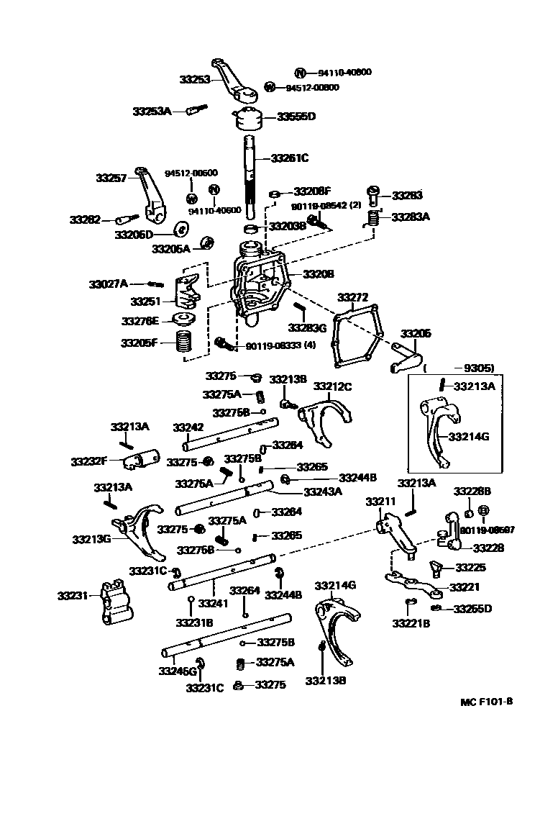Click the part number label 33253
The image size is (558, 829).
[195, 79]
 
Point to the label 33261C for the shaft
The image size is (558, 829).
[289, 158]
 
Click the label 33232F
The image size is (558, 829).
[88, 461]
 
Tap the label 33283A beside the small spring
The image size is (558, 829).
[410, 216]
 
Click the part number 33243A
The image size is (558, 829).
[322, 491]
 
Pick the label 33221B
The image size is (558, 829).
[411, 622]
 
